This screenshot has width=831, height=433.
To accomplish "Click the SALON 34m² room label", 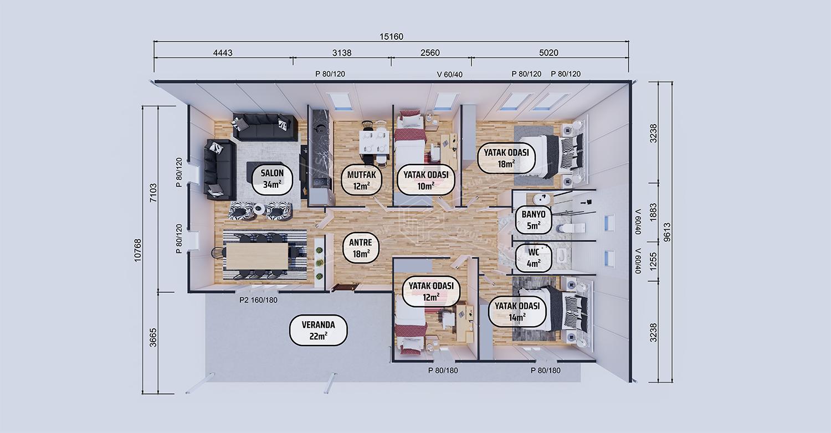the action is [x=273, y=179].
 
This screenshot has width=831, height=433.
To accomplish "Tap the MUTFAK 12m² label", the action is [x=361, y=180].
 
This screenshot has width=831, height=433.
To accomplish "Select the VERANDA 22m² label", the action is [x=319, y=331].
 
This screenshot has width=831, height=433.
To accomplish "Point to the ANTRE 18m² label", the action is [x=360, y=248].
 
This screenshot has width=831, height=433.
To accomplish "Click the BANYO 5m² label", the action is [x=534, y=220].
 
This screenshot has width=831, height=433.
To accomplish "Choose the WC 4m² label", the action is [x=534, y=257].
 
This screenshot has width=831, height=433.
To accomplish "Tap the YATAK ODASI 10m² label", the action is [x=426, y=180].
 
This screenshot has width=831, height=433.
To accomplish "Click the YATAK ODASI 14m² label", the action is [x=517, y=311].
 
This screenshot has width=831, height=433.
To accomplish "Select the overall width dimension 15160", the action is [x=391, y=37].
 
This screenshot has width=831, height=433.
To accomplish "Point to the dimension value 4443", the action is [x=223, y=53].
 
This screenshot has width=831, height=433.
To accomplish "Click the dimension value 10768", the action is [x=137, y=250].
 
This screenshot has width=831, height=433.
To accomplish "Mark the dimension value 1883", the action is [x=653, y=212].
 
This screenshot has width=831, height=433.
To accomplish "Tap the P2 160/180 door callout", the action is [x=258, y=300].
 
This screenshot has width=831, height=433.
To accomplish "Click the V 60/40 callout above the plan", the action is [x=450, y=75].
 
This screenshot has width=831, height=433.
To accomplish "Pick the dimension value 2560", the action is [x=430, y=53].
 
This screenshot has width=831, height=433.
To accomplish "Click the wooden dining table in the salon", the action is [x=257, y=256].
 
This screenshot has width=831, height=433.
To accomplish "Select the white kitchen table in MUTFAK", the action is [x=374, y=141].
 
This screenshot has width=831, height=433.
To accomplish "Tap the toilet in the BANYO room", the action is [x=571, y=227].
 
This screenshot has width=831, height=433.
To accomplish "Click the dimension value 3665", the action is [x=153, y=338].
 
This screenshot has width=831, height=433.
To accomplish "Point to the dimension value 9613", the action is [x=666, y=232].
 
